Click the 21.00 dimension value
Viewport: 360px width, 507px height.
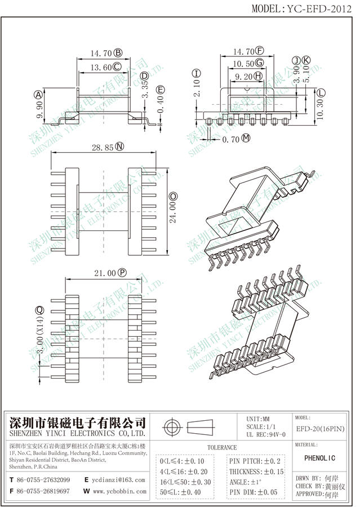tap(104, 273)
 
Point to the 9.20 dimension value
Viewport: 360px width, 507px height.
tap(243, 75)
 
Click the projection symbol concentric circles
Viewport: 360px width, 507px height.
tap(171, 426)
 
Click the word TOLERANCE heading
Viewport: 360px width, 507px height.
tap(222, 447)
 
